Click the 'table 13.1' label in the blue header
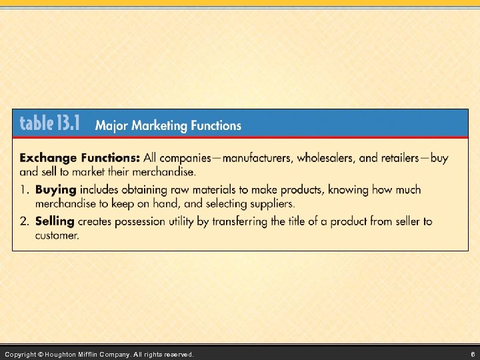click(50, 123)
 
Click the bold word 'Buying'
click(55, 189)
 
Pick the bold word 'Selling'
click(55, 221)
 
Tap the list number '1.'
click(25, 189)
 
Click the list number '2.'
click(25, 221)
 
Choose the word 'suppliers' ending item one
click(271, 203)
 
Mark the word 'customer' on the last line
click(57, 235)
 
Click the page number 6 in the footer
click(471, 354)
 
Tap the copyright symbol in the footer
click(41, 354)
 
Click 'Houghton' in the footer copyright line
click(63, 354)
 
